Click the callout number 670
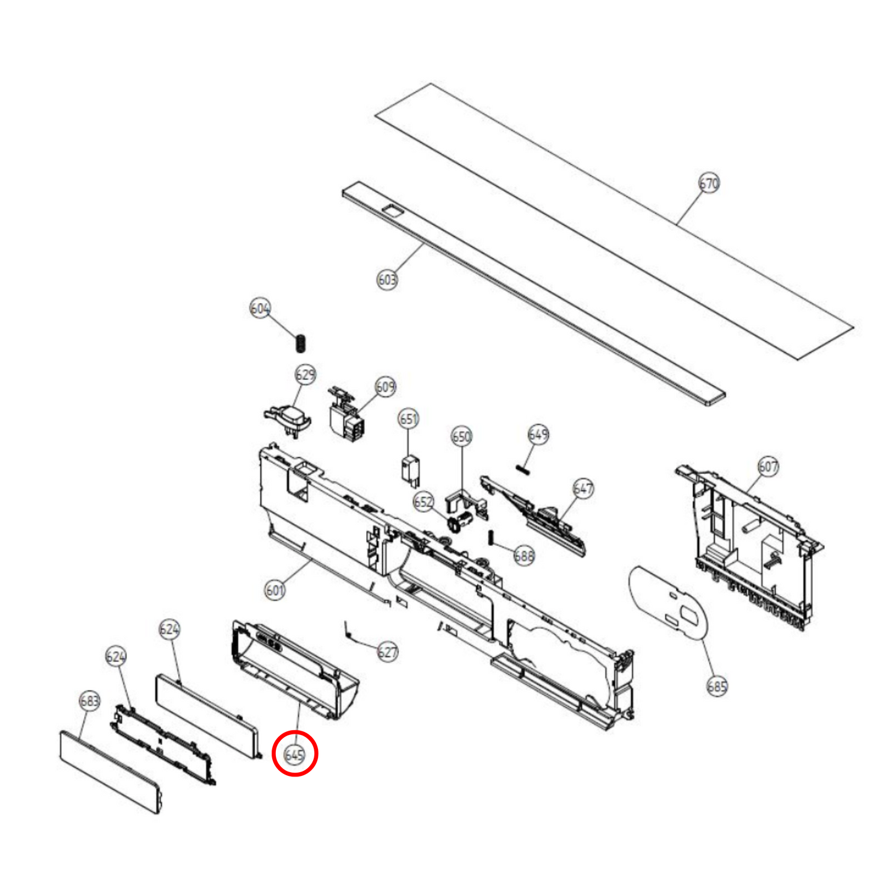709,184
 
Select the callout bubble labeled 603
387,280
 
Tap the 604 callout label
260,309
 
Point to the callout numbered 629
306,375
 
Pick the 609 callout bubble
385,387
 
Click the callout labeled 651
408,419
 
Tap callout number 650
462,437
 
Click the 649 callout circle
538,435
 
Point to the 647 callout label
583,489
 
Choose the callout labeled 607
768,466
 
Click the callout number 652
424,502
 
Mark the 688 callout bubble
524,556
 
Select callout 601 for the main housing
275,590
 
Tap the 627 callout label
387,652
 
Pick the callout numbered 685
717,686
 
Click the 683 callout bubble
90,700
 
